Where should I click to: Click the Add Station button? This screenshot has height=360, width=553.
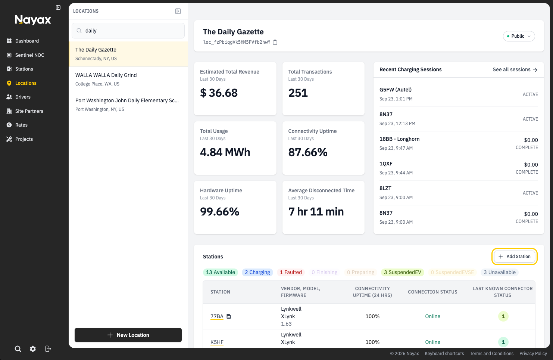[x=514, y=257]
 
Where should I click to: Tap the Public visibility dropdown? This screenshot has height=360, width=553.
[x=519, y=36]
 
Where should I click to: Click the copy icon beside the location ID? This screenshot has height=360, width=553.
[x=275, y=42]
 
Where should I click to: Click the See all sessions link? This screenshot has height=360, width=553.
[x=515, y=69]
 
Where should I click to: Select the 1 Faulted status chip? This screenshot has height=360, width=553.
[x=291, y=272]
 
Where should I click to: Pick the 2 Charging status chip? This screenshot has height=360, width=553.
[x=257, y=272]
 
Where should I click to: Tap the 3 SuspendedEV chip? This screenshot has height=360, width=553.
[x=402, y=272]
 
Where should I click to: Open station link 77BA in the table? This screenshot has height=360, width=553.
[x=217, y=316]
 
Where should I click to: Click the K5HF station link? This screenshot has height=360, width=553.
[x=217, y=342]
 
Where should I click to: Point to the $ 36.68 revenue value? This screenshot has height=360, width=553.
[x=219, y=93]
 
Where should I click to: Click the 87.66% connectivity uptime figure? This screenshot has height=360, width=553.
[x=308, y=152]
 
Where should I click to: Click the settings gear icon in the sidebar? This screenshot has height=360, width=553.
[x=33, y=349]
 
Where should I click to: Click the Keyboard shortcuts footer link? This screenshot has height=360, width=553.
[x=444, y=354]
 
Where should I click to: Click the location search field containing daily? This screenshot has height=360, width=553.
[x=128, y=31]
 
